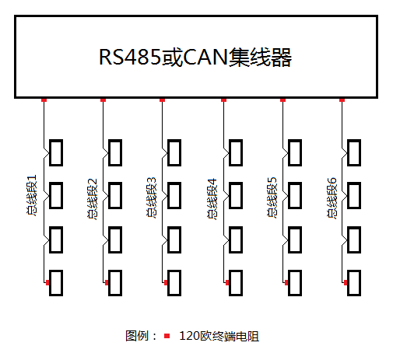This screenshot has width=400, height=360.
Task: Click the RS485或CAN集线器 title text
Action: pos(195,57)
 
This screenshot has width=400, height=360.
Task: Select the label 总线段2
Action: pos(92,199)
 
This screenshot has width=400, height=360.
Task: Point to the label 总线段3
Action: pos(152,197)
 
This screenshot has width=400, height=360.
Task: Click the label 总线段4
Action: pos(212,199)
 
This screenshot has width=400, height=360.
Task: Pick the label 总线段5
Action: pos(272,197)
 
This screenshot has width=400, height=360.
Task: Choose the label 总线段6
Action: pos(332,198)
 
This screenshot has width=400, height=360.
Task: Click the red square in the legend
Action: pos(167,336)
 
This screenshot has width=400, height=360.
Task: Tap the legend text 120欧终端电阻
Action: pos(219,336)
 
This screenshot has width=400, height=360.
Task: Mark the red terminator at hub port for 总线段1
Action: pos(44,100)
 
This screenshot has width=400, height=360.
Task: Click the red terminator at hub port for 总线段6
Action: pos(342,100)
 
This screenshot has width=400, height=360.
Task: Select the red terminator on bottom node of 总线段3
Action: pos(166,282)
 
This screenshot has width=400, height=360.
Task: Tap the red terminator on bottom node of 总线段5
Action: pos(286,282)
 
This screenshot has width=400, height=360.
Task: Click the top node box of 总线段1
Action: pos(56,152)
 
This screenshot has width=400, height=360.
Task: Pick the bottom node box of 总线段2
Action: pos(115,283)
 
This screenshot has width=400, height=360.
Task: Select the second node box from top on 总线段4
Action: pos(236,196)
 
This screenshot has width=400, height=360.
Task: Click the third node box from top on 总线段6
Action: pos(354,239)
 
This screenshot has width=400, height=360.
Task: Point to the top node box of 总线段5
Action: pos(295,152)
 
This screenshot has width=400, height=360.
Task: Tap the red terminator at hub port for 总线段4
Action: pos(223,100)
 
